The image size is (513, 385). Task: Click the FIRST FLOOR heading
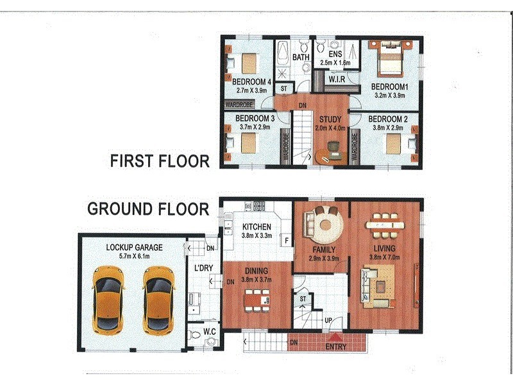160,160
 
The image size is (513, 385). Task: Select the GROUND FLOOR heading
147,209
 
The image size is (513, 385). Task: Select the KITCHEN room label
256,227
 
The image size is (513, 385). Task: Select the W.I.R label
337,80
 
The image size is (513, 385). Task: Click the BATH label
301,57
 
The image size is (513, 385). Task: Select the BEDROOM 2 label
389,119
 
